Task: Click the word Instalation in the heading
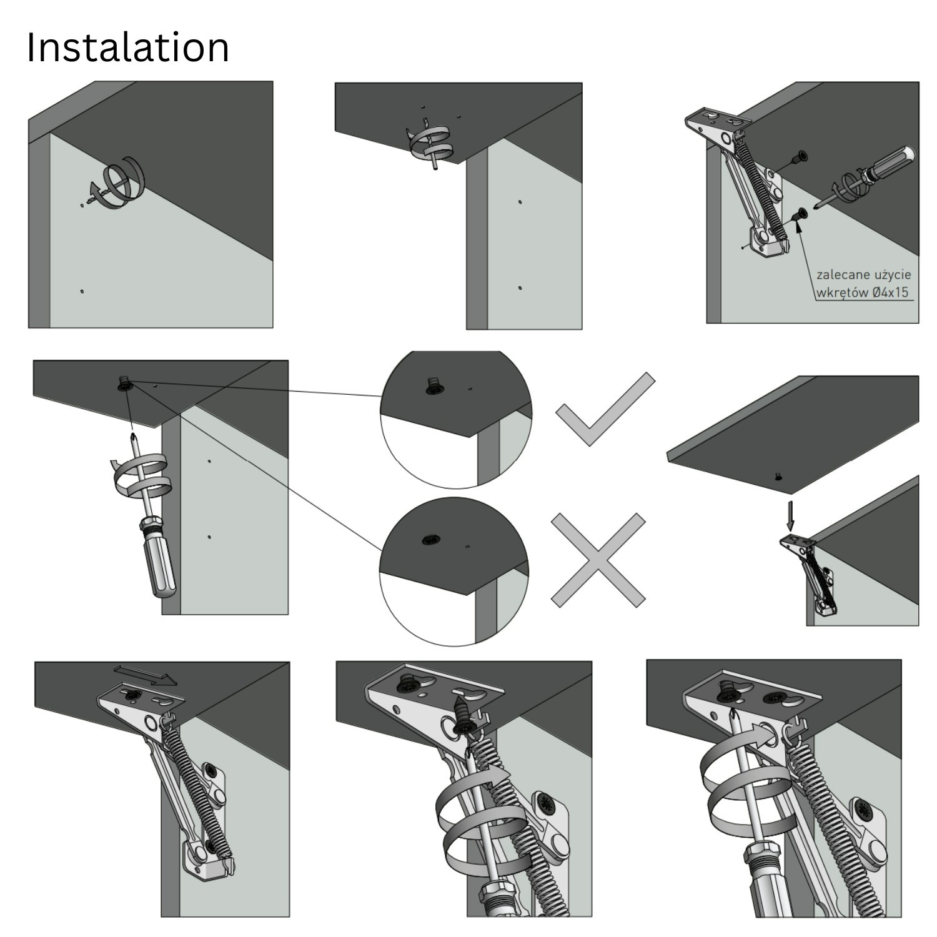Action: click(128, 47)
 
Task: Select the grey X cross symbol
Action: click(598, 560)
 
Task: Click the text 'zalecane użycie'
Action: click(863, 275)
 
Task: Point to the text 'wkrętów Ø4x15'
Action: click(863, 292)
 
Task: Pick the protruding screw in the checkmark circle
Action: click(431, 385)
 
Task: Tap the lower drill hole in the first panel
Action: click(82, 291)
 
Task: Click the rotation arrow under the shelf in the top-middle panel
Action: click(430, 143)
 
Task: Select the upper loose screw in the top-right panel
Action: click(798, 157)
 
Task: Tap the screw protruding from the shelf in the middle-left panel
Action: click(123, 383)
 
